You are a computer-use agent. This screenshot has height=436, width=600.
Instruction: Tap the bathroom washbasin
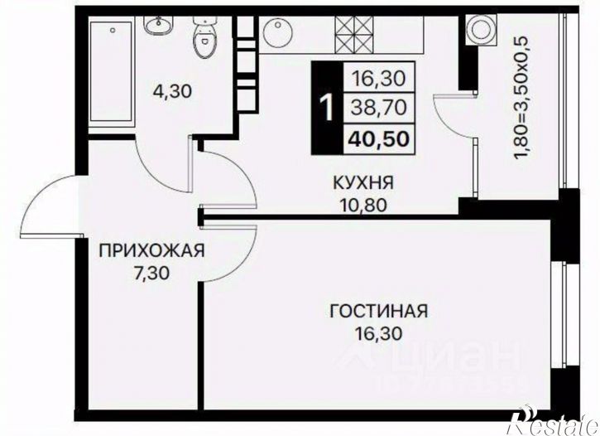pos(156,26)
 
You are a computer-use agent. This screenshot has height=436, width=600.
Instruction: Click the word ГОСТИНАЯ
pos(378,312)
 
